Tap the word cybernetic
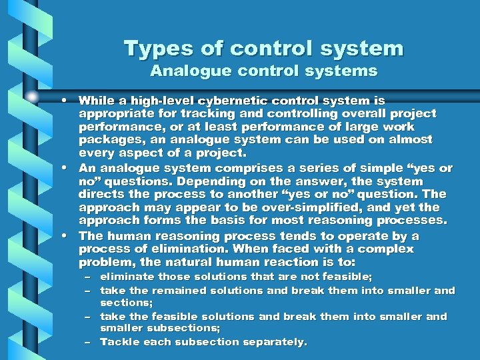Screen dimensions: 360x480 [218, 101]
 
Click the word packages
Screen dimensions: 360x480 [107, 140]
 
